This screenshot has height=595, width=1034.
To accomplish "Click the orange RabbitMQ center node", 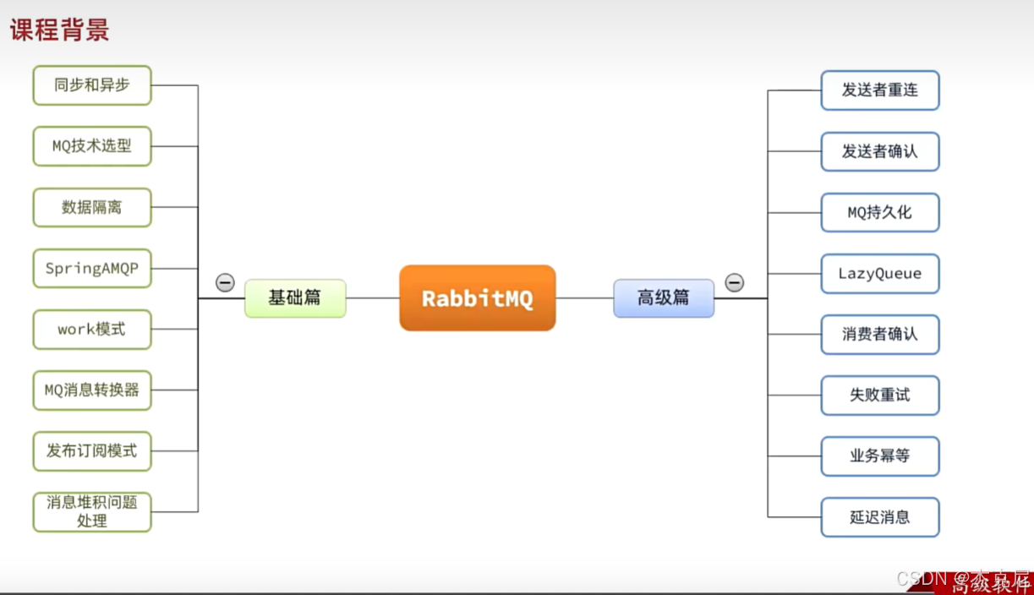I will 478,297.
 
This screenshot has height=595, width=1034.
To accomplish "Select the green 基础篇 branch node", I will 295,297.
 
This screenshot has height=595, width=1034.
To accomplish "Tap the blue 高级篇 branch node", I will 664,297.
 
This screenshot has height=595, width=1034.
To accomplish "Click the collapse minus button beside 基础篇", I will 225,283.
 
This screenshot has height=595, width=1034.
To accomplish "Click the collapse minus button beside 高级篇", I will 735,283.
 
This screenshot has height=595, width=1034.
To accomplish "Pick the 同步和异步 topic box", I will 92,85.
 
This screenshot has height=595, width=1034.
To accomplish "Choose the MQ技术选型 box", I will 92,146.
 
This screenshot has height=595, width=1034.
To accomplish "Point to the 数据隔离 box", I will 92,207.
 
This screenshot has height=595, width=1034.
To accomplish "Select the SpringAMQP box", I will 92,269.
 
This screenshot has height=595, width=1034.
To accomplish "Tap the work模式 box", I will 92,330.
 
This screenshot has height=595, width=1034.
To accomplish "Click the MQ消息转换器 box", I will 92,390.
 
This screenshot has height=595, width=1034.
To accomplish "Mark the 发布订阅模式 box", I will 92,451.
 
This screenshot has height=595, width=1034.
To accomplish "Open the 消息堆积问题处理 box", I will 92,512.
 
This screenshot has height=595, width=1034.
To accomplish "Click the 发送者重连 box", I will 880,90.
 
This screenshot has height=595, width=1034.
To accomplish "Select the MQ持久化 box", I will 880,212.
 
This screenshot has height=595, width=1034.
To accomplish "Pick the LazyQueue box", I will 880,273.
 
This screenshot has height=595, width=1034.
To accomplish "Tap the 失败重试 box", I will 880,395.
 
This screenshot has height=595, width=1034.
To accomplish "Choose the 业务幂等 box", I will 880,456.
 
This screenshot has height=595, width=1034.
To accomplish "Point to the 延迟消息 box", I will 880,517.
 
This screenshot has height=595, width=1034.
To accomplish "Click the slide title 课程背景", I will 59,30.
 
